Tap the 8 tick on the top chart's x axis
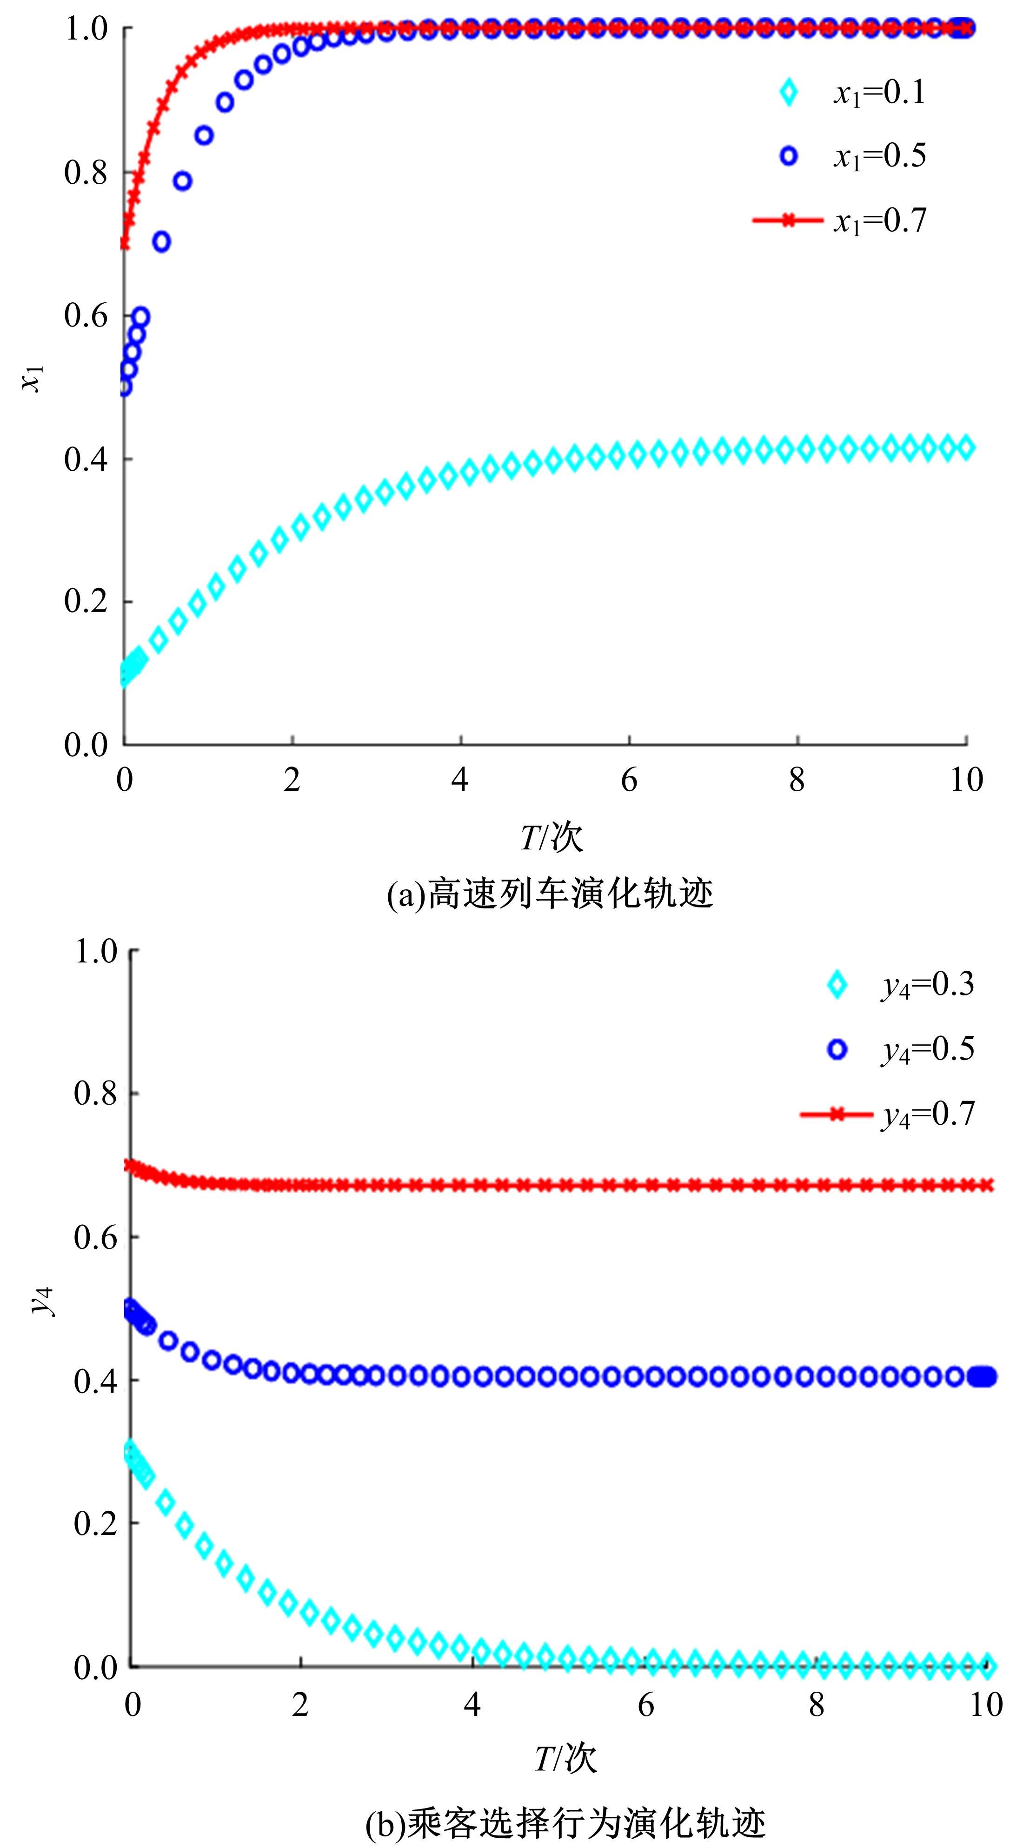click(x=797, y=780)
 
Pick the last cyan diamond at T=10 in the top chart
click(x=965, y=447)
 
